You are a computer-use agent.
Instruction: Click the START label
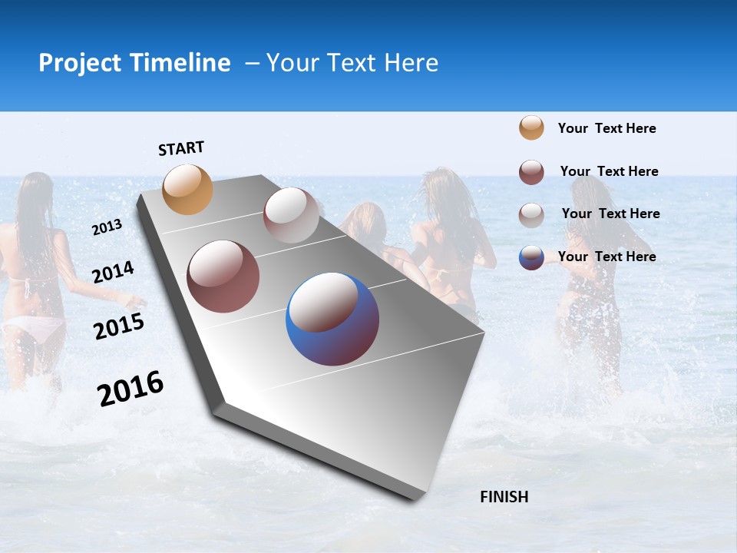click(181, 148)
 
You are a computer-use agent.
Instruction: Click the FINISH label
click(504, 497)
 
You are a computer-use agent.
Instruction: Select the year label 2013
click(107, 227)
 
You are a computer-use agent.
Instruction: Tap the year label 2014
click(113, 272)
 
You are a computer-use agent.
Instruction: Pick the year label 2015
click(118, 326)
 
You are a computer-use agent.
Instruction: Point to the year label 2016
click(130, 389)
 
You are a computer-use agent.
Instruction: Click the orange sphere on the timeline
click(187, 189)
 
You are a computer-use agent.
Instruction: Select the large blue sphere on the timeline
click(332, 319)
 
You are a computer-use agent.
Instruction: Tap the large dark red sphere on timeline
click(223, 276)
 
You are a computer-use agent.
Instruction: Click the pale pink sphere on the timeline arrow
click(290, 215)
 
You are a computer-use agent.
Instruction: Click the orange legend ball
click(531, 127)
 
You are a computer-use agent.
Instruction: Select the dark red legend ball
click(531, 172)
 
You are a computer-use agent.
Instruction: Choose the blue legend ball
click(531, 257)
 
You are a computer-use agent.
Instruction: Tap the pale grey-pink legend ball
click(531, 214)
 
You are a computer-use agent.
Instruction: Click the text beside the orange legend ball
click(606, 128)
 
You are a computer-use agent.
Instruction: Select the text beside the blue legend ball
click(606, 257)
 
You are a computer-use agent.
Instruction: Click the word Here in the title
click(411, 63)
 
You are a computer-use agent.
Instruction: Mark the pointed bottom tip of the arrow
click(415, 500)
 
